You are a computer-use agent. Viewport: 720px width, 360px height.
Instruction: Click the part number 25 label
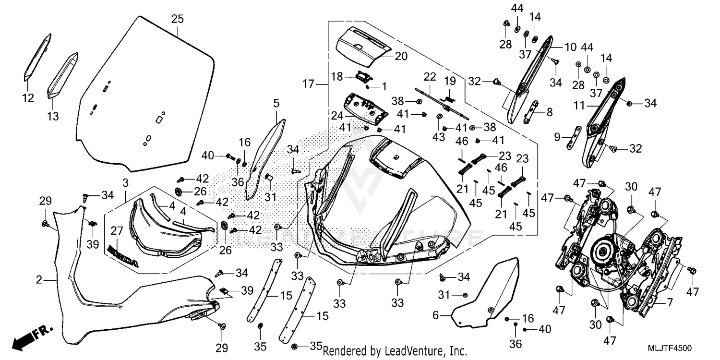[x=178, y=19]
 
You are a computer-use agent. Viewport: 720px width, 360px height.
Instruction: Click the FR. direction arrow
[x=32, y=338]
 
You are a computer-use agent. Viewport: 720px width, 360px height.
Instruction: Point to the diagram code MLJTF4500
[x=670, y=348]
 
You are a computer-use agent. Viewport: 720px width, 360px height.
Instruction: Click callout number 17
[x=308, y=84]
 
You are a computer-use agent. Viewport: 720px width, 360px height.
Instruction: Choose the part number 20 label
[x=401, y=57]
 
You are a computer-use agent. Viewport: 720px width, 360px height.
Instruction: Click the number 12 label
[x=28, y=98]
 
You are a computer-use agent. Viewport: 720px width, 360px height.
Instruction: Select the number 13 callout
[x=53, y=116]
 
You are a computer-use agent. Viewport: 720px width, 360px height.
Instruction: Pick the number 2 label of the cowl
[x=39, y=280]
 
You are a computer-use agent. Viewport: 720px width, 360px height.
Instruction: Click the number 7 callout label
[x=670, y=302]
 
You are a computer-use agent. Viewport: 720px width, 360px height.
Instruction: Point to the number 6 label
[x=435, y=315]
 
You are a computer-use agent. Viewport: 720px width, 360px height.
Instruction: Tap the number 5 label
[x=276, y=104]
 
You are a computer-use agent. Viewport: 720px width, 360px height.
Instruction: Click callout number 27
[x=117, y=231]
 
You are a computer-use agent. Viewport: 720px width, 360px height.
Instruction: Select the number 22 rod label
[x=430, y=77]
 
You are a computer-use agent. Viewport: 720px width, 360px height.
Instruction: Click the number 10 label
[x=571, y=48]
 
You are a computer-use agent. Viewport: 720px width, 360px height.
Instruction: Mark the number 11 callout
[x=579, y=106]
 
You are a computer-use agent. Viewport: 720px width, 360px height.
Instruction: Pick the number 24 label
[x=337, y=116]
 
